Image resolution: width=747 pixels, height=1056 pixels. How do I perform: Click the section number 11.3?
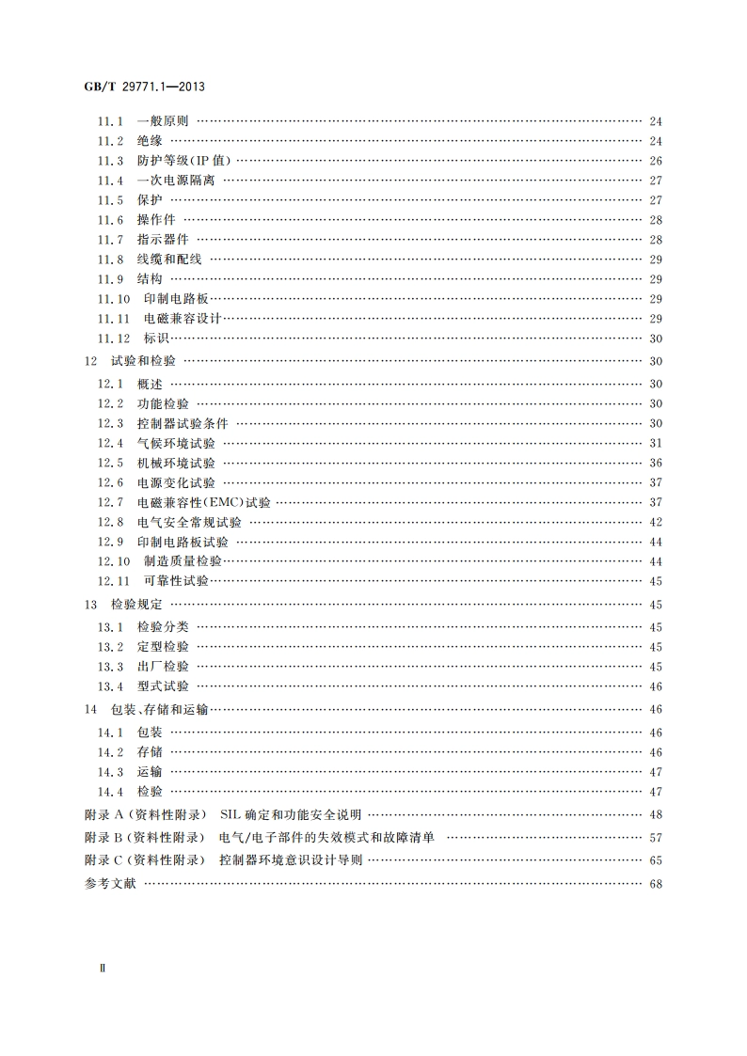(111, 161)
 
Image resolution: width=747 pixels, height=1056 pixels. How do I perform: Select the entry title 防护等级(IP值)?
(183, 161)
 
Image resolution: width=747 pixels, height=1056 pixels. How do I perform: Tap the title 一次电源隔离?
(176, 181)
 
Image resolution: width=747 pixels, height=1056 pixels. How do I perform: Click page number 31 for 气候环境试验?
(656, 443)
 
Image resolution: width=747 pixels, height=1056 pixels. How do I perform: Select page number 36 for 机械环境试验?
(656, 463)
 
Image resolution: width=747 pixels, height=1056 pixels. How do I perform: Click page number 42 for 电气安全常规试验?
(656, 522)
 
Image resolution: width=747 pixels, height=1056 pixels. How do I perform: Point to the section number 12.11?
(114, 581)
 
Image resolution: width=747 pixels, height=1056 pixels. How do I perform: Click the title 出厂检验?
(163, 667)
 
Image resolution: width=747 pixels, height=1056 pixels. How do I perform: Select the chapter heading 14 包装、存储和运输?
(147, 710)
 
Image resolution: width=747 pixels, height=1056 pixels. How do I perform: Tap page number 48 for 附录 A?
(656, 814)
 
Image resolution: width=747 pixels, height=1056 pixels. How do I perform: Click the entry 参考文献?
(110, 884)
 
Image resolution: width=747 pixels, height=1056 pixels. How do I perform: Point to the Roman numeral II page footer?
(104, 967)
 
